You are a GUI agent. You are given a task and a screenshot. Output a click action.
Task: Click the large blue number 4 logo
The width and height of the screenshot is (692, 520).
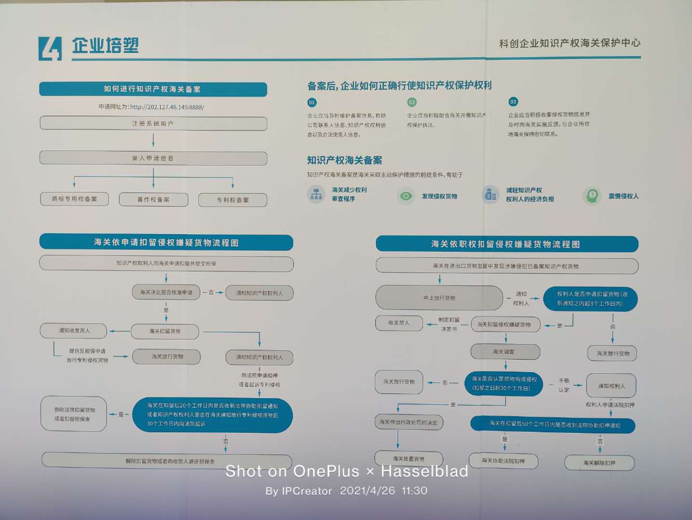click(50, 49)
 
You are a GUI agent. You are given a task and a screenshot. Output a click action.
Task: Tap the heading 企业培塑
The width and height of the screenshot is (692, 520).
click(105, 46)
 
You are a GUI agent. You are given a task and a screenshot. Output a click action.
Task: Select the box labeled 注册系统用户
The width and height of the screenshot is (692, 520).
click(153, 124)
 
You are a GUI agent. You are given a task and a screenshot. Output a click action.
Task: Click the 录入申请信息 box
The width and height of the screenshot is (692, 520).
click(153, 158)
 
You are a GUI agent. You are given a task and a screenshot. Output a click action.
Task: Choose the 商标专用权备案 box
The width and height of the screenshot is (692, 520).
click(74, 199)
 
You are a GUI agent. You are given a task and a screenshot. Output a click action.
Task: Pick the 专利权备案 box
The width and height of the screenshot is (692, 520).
click(233, 200)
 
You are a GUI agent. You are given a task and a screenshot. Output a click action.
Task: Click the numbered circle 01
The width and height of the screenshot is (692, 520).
click(312, 103)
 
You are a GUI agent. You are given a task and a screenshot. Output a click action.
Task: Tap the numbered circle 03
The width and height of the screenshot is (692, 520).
click(513, 102)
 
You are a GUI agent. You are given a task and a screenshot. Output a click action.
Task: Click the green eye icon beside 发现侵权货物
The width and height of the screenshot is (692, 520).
click(406, 196)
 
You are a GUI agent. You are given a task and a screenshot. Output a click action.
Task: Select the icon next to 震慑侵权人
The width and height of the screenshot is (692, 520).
click(592, 196)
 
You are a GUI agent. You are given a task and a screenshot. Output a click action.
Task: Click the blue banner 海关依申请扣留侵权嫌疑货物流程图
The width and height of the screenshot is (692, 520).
click(166, 243)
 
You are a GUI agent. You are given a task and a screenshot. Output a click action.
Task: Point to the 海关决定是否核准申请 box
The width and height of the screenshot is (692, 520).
click(166, 292)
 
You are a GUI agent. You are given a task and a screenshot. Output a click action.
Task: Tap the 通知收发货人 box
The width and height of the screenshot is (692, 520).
click(74, 330)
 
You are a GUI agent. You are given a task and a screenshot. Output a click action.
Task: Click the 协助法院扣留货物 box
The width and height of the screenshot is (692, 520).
click(74, 414)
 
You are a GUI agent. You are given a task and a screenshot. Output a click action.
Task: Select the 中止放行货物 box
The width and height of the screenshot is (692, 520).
click(439, 298)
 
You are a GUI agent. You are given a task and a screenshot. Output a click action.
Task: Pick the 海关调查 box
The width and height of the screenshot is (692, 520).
click(504, 351)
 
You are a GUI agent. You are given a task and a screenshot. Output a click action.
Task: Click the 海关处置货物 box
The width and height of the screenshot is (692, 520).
click(409, 459)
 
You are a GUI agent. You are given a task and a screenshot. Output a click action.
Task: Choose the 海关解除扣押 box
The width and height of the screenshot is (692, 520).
click(599, 463)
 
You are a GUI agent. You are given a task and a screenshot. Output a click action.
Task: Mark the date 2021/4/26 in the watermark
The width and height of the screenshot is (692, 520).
click(367, 491)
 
